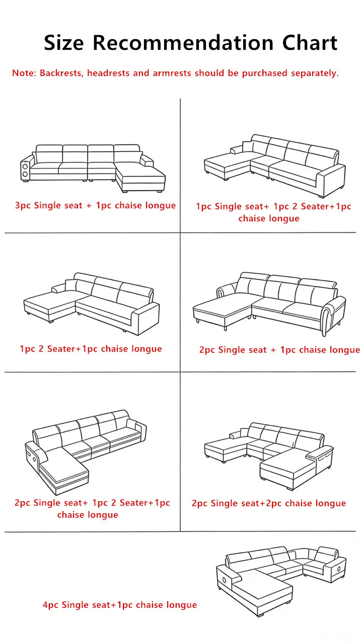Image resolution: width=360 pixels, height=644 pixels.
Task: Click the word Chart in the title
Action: click(310, 43)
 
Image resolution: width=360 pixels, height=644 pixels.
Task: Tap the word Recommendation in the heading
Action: click(183, 43)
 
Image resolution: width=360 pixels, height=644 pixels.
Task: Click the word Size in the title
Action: click(63, 43)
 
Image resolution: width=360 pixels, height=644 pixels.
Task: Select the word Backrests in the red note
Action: click(61, 73)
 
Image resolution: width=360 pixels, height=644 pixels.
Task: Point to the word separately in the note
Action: click(315, 73)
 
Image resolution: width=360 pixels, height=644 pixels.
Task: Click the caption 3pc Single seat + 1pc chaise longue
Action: click(96, 206)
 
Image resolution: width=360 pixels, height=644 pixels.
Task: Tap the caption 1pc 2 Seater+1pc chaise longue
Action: click(91, 349)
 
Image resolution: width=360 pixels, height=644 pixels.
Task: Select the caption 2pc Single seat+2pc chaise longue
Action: click(269, 504)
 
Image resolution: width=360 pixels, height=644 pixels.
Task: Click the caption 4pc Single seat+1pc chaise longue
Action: click(120, 605)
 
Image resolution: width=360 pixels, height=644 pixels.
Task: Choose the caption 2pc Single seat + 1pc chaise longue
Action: click(279, 350)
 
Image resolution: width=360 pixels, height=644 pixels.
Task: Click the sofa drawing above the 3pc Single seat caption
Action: click(93, 168)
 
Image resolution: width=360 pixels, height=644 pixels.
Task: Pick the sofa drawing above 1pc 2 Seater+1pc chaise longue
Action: click(92, 304)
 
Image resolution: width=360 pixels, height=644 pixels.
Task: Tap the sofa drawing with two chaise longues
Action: click(269, 456)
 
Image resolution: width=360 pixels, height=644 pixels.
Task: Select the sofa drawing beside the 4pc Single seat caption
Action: click(281, 581)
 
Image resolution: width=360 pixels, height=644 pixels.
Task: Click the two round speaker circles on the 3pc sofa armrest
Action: click(25, 171)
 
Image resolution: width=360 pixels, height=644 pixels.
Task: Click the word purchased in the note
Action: click(264, 73)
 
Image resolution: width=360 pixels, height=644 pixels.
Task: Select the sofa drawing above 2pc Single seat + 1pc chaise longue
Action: click(270, 304)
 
